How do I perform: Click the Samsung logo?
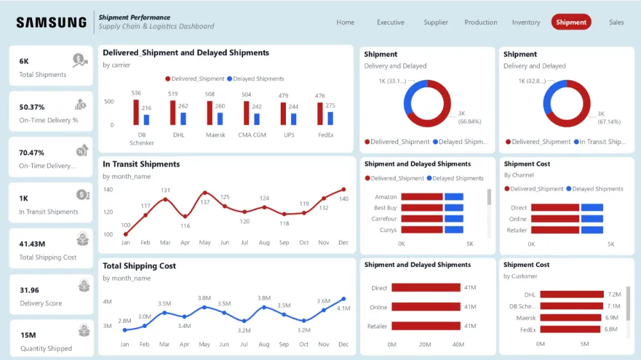coord(51,22)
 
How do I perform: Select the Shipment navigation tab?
coord(570,22)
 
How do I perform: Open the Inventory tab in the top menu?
coord(526,22)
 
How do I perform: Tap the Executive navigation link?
coord(390,22)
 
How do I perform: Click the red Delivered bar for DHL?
coord(172,113)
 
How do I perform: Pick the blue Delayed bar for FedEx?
coord(330,119)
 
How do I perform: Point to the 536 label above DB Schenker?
coord(136,94)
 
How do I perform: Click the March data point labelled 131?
coord(165,199)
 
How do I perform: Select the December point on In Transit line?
coord(344,190)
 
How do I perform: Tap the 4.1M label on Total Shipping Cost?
coord(344,308)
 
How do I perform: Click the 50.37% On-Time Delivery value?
coord(32,107)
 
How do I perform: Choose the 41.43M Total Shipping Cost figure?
coord(32,244)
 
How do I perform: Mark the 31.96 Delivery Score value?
coord(29,290)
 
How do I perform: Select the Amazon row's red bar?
coord(422,197)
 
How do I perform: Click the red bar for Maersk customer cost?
coord(571,318)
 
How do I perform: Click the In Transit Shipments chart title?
coord(141,165)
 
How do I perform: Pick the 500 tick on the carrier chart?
coord(109,102)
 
